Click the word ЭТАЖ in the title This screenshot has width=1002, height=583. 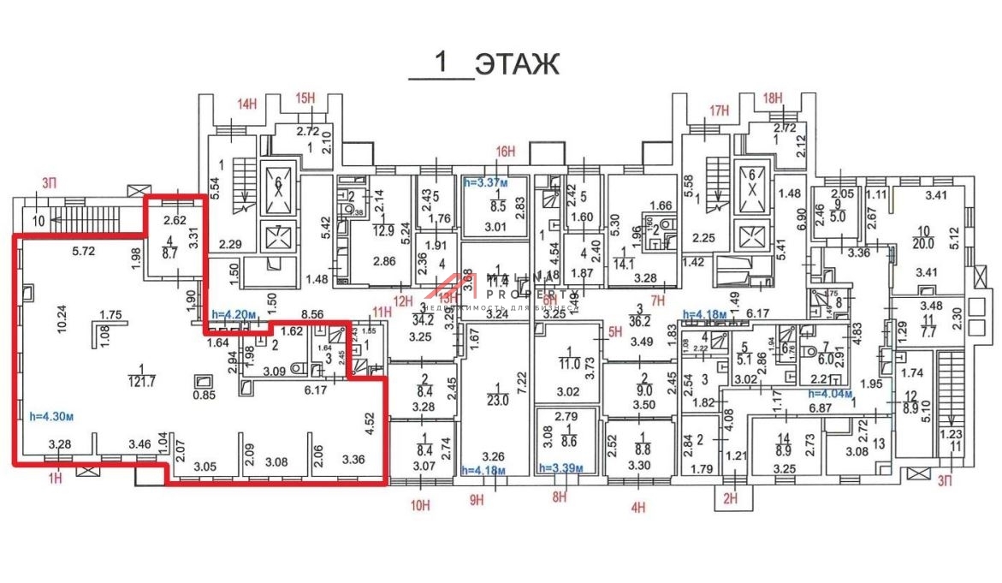pos(517,63)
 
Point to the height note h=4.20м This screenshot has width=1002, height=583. pos(234,314)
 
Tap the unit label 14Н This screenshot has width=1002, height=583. pos(246,104)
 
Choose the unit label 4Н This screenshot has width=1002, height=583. pos(637,507)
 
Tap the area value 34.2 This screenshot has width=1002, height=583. pos(422,321)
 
